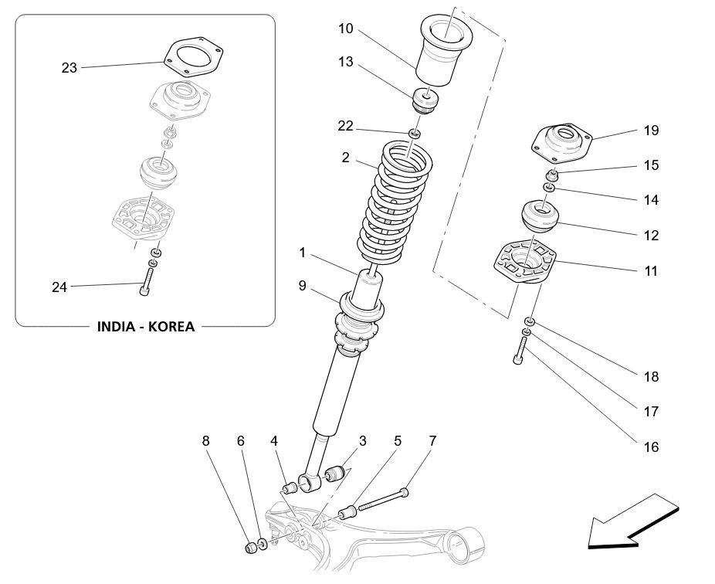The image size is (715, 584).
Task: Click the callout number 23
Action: point(69,68)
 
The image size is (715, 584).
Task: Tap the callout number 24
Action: point(59,287)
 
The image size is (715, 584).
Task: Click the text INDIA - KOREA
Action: point(145,326)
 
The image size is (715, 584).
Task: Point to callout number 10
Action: point(345,29)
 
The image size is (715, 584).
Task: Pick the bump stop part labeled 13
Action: point(425,100)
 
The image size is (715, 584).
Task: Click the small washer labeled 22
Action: point(415,134)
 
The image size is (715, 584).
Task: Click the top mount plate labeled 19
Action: point(561,141)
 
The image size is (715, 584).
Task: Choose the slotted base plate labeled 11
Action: point(526,265)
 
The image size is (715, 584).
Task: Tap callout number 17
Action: point(651,412)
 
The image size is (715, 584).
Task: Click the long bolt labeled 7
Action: point(383,500)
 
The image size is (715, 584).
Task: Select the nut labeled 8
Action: point(249,548)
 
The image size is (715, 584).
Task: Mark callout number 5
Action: point(398,442)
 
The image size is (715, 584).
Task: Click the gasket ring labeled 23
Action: point(193,57)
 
